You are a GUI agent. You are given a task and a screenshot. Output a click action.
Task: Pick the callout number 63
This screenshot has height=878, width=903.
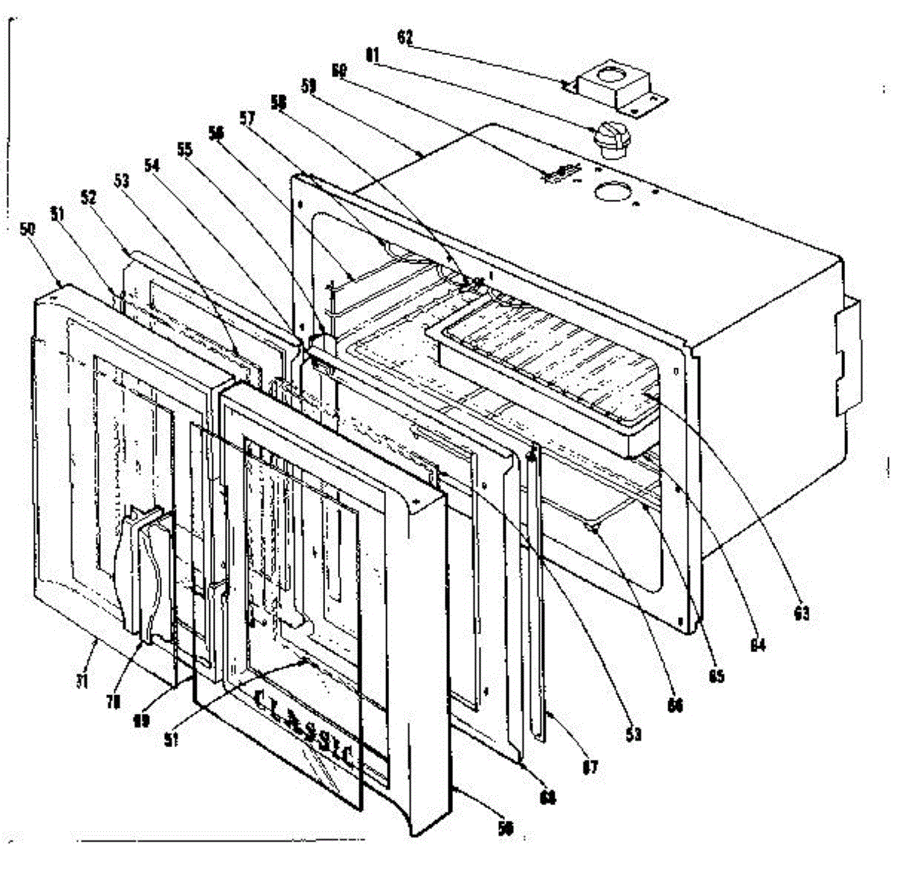pyautogui.click(x=801, y=614)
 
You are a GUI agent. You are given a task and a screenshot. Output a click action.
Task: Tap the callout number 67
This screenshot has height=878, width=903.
pyautogui.click(x=590, y=767)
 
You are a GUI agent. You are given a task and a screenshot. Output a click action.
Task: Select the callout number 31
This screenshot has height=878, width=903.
pyautogui.click(x=81, y=681)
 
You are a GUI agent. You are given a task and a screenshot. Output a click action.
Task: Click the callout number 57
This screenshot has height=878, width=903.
pyautogui.click(x=247, y=117)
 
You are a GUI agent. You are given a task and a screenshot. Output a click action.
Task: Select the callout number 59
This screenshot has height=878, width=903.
pyautogui.click(x=308, y=86)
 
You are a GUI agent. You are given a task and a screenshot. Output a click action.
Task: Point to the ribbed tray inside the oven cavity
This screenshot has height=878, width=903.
pyautogui.click(x=542, y=354)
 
